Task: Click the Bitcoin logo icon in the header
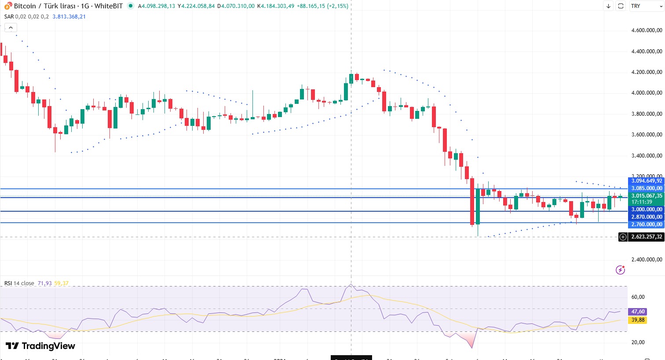[8, 6]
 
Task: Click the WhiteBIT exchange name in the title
[109, 6]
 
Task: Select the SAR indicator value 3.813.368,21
[69, 17]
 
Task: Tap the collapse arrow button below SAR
[10, 28]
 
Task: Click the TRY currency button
[636, 6]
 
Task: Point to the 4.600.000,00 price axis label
[647, 30]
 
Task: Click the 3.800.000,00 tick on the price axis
[647, 114]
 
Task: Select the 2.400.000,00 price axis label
[647, 260]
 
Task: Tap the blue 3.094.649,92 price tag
[647, 181]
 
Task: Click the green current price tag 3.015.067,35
[647, 196]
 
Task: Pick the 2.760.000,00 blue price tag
[647, 224]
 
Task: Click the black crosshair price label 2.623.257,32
[647, 237]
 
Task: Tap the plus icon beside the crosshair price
[623, 237]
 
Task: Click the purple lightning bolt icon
[620, 270]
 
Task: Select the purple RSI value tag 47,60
[638, 312]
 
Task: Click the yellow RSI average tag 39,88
[638, 320]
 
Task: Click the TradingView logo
[40, 346]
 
